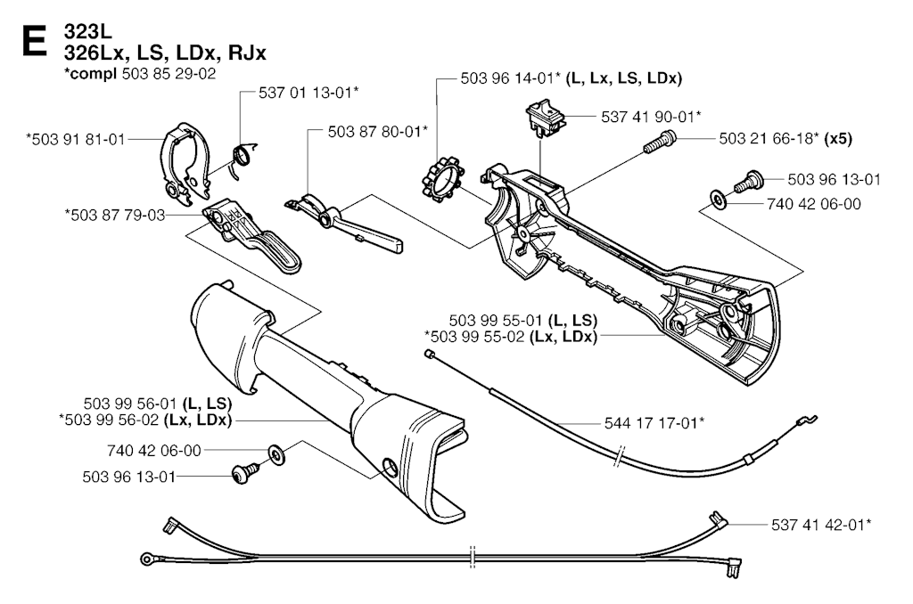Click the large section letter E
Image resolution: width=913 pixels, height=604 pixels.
click(32, 42)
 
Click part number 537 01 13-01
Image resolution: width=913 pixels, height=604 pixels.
click(309, 92)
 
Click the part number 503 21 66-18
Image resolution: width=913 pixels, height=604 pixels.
click(769, 138)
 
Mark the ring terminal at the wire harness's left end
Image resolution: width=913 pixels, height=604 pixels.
click(146, 559)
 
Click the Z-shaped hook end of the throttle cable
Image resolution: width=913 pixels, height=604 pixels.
click(805, 419)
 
